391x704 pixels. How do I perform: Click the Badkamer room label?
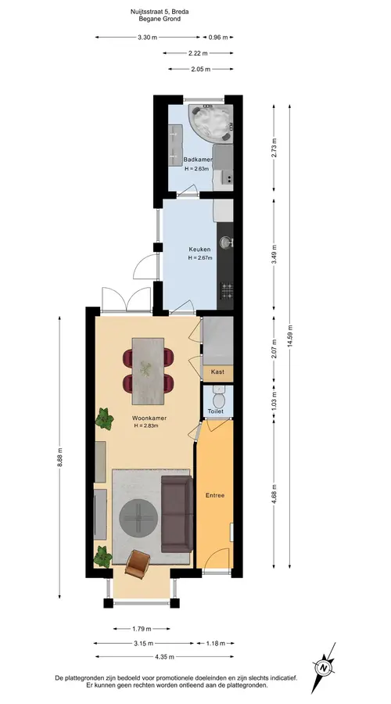tap(198, 160)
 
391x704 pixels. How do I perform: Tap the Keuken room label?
tap(199, 249)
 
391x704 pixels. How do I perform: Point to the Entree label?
tap(215, 496)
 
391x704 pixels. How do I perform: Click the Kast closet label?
tap(217, 372)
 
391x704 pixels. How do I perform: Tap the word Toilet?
tap(216, 411)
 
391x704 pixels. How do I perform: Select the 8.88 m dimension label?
tap(59, 458)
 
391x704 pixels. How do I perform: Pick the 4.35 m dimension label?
tap(164, 656)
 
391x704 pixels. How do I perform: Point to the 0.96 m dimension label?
tap(218, 38)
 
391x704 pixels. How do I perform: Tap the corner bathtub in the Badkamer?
tap(210, 122)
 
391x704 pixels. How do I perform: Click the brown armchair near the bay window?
tap(138, 564)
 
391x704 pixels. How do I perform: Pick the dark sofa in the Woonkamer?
tap(177, 514)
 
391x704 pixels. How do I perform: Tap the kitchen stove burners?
tap(227, 289)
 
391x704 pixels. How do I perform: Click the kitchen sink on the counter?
tap(227, 243)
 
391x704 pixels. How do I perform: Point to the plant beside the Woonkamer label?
tap(104, 419)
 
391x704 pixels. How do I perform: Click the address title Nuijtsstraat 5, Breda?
tap(160, 13)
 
